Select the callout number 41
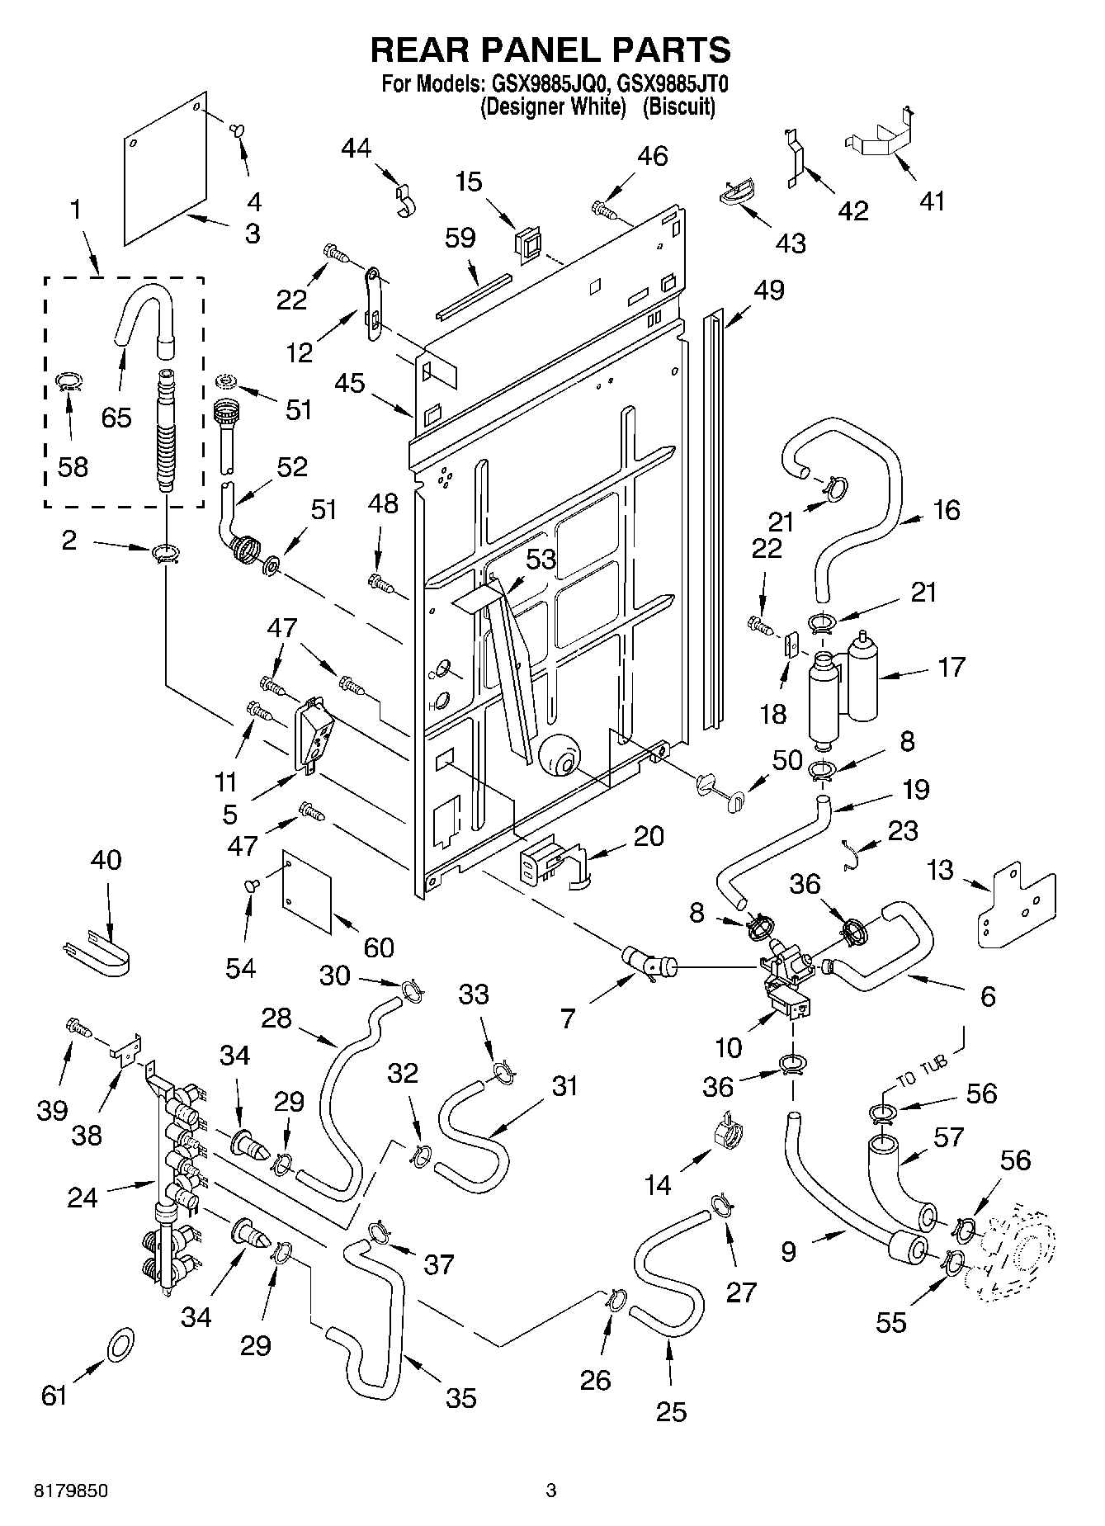(x=932, y=201)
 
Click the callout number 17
(x=952, y=666)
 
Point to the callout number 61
(x=54, y=1396)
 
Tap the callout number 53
(x=541, y=560)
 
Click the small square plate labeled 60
(x=307, y=891)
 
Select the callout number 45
(x=351, y=384)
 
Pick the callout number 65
(x=116, y=418)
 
